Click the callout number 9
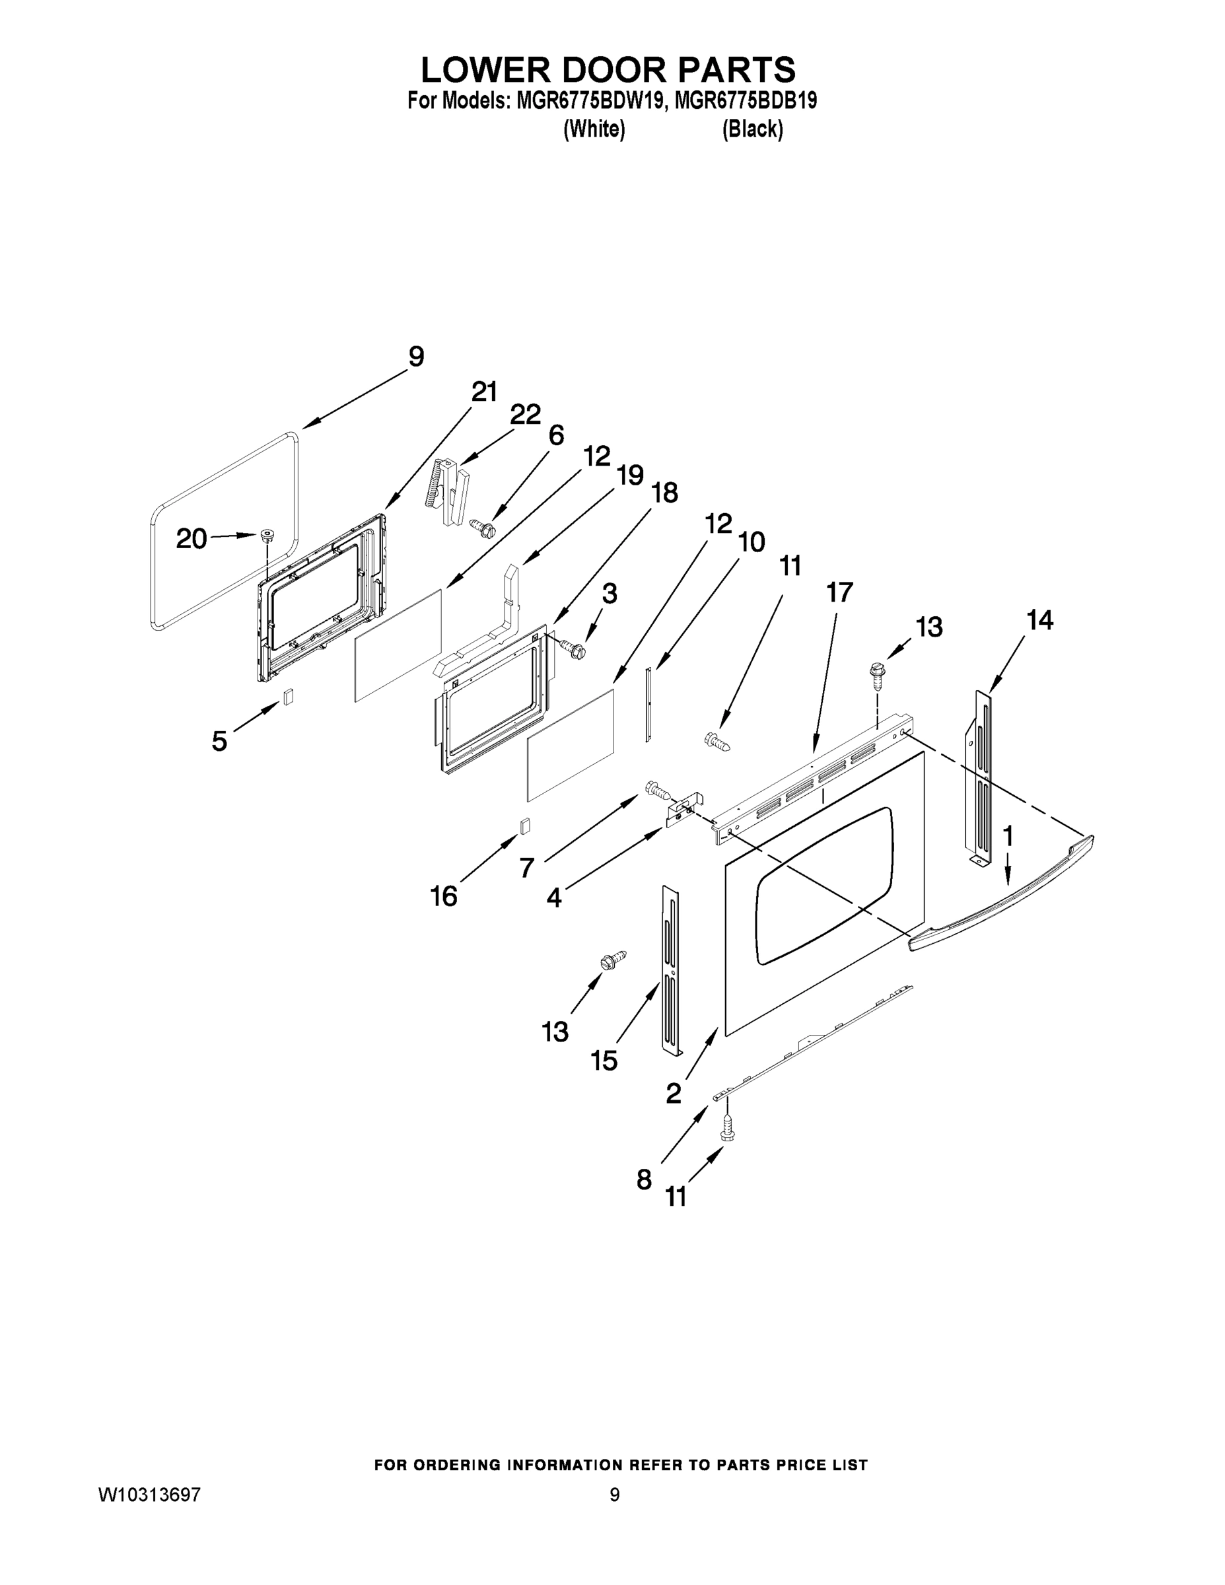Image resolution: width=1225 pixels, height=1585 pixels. click(x=416, y=357)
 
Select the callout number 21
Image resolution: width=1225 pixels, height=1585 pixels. click(x=484, y=392)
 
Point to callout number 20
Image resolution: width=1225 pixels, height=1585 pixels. click(x=192, y=538)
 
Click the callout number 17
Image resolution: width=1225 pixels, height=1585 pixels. click(x=839, y=593)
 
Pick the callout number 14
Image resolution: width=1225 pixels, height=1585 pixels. click(x=1039, y=621)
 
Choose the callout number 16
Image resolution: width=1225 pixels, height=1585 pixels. click(x=444, y=897)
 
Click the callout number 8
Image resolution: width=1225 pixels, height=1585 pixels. click(x=644, y=1180)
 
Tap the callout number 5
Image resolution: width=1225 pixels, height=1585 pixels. click(x=219, y=741)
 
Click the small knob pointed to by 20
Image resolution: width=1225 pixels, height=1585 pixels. click(x=267, y=536)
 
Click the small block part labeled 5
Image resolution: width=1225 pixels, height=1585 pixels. click(x=288, y=696)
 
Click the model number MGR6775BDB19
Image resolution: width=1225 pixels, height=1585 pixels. click(x=746, y=101)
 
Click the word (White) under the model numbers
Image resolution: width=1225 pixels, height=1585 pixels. click(x=594, y=129)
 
